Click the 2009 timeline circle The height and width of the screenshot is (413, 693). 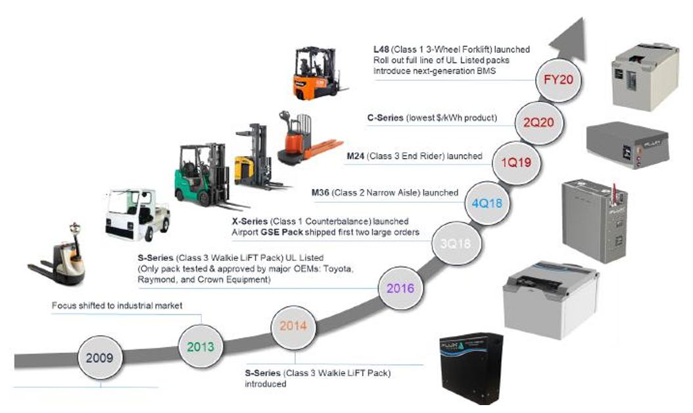point(100,358)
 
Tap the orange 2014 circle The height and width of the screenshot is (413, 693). point(293,325)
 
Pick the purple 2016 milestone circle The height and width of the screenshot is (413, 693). point(400,288)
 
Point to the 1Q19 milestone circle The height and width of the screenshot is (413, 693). point(516,161)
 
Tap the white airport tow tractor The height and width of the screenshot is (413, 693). point(136,214)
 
